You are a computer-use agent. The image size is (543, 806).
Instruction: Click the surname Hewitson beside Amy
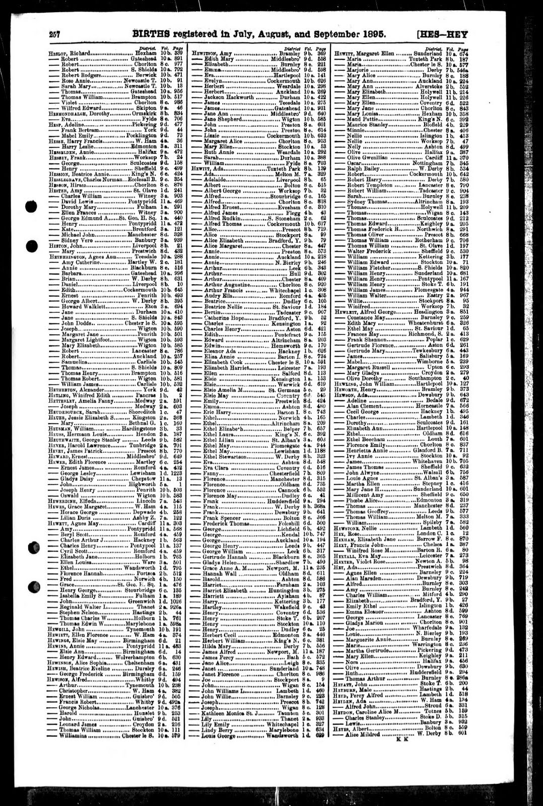click(x=203, y=53)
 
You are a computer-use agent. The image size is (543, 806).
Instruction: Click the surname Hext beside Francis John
click(x=342, y=545)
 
